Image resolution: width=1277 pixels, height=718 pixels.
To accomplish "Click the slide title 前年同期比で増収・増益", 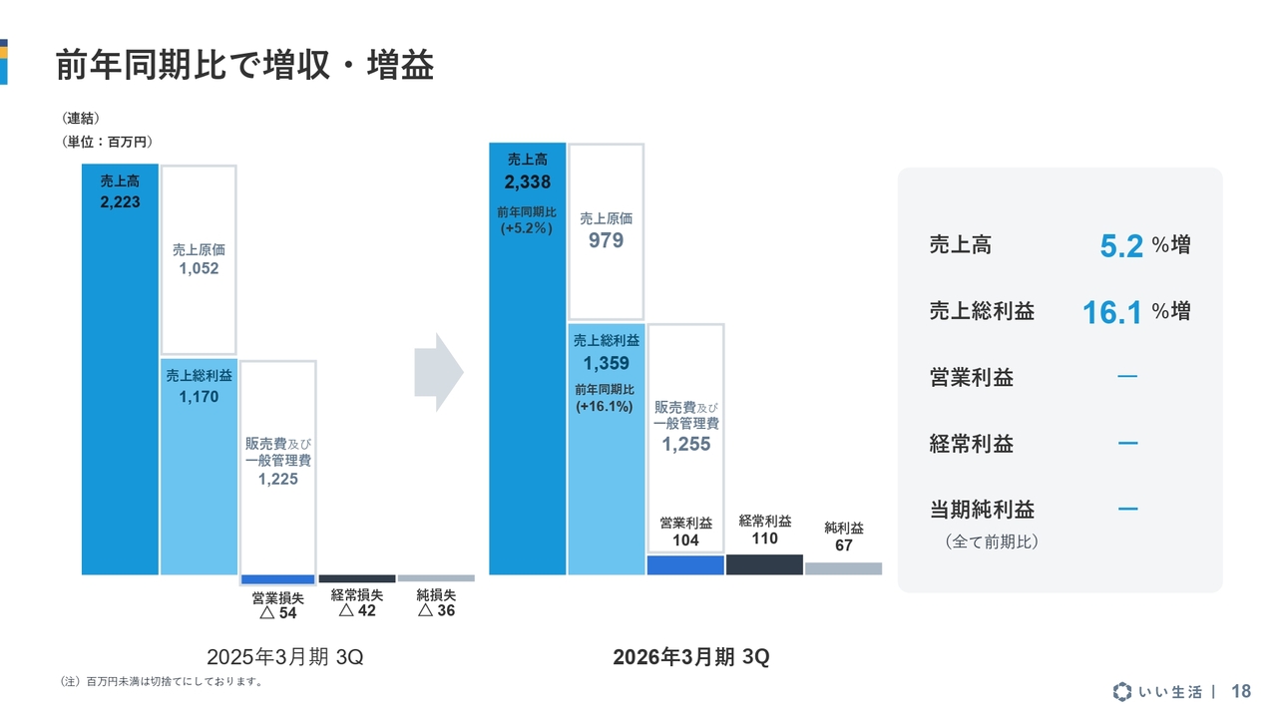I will [x=244, y=66].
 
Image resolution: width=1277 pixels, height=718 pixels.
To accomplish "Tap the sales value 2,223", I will [x=120, y=202].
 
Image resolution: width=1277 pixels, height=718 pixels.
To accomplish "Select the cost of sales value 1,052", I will [x=199, y=268].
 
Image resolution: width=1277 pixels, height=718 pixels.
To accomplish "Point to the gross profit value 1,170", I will [x=199, y=397].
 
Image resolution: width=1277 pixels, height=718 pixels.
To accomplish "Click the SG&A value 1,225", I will [x=277, y=480].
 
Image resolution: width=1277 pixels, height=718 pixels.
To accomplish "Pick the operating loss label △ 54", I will [x=278, y=613].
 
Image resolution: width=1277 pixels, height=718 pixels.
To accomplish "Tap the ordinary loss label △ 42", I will [x=357, y=610].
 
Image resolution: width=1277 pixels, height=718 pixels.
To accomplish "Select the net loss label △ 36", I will [x=436, y=610].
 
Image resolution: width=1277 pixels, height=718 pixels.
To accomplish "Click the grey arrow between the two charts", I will [x=439, y=372].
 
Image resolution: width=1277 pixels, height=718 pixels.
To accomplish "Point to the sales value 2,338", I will [x=527, y=182].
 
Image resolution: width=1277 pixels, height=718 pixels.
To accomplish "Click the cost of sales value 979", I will [x=606, y=240].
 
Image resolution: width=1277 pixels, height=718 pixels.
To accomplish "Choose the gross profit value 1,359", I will [x=606, y=364].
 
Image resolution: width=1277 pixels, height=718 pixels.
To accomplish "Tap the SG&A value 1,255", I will [x=685, y=445].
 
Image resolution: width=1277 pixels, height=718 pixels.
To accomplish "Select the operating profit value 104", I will [x=685, y=540].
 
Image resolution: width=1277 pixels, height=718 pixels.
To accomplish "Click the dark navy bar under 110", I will [x=764, y=564].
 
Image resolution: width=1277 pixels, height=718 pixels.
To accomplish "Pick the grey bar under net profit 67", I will [x=843, y=568].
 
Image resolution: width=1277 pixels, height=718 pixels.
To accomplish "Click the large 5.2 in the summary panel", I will [x=1121, y=246].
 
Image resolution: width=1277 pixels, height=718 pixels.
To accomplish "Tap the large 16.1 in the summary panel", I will [x=1112, y=313].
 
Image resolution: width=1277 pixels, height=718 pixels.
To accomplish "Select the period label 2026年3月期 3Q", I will [x=691, y=658].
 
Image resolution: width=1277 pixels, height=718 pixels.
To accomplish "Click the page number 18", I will [x=1241, y=691].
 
